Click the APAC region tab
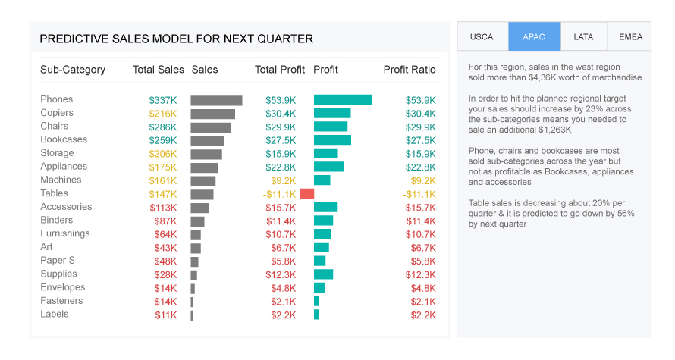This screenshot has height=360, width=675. click(x=534, y=36)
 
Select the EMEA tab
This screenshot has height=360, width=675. click(x=629, y=36)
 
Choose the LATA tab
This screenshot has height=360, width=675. click(x=583, y=36)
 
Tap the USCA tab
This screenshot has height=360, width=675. click(x=482, y=36)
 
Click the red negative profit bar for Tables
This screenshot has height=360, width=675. click(x=307, y=193)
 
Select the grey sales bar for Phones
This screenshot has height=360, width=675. click(x=216, y=100)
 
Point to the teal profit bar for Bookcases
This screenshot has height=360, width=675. click(x=332, y=140)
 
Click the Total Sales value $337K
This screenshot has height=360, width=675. click(x=163, y=100)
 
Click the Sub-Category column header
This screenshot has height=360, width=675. click(x=73, y=70)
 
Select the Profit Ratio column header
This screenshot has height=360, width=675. click(x=410, y=70)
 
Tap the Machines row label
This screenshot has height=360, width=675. click(x=61, y=180)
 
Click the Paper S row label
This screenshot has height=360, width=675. click(x=58, y=261)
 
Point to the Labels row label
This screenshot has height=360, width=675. click(x=55, y=315)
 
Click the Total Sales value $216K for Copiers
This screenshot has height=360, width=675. click(x=163, y=114)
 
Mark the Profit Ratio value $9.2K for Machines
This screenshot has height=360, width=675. click(x=423, y=180)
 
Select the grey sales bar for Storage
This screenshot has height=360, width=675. click(x=206, y=154)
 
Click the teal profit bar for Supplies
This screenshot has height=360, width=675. click(x=323, y=274)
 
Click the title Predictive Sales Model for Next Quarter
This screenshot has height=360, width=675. click(x=176, y=39)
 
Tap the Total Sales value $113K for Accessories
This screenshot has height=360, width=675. click(x=163, y=208)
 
